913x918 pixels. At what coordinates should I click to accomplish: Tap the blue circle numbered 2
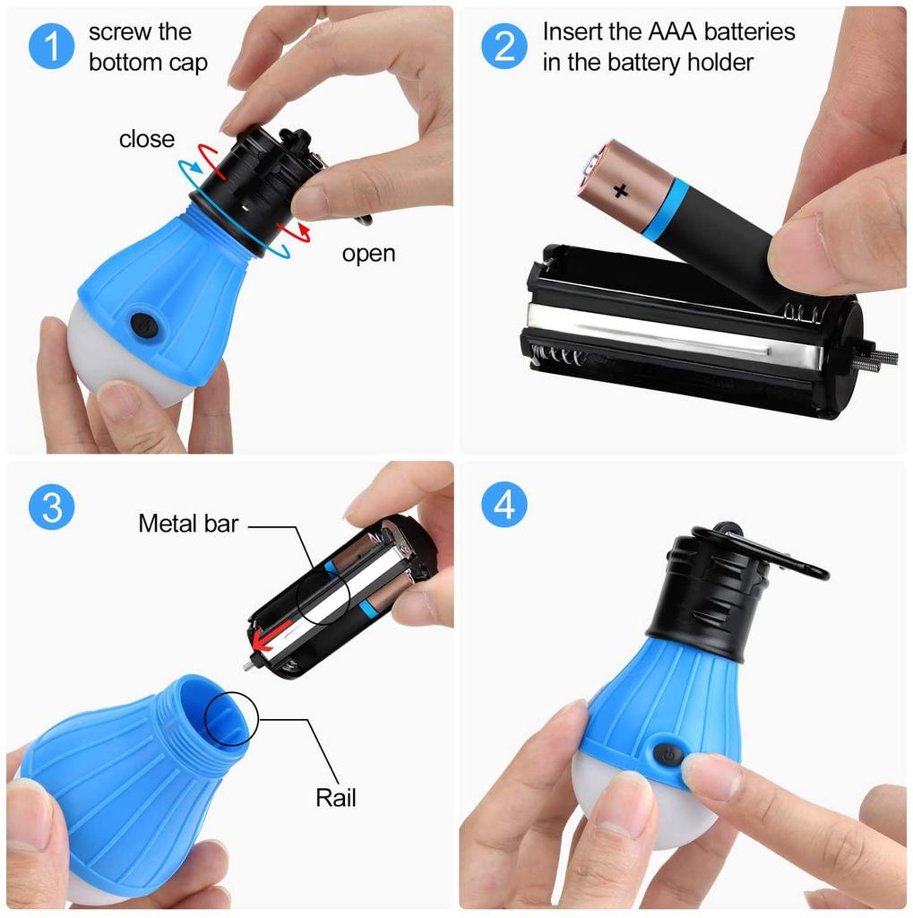tap(504, 46)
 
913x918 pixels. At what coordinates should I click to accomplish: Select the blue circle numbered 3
tap(52, 507)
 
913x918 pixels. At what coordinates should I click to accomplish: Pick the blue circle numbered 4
tap(504, 507)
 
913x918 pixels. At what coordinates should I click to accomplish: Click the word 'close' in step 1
tap(146, 139)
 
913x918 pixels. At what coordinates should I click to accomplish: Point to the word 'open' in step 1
tap(368, 254)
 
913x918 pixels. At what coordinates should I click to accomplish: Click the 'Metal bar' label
tap(188, 524)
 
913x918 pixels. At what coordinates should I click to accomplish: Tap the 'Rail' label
tap(335, 796)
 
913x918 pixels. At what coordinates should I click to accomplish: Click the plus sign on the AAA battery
tap(620, 189)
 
